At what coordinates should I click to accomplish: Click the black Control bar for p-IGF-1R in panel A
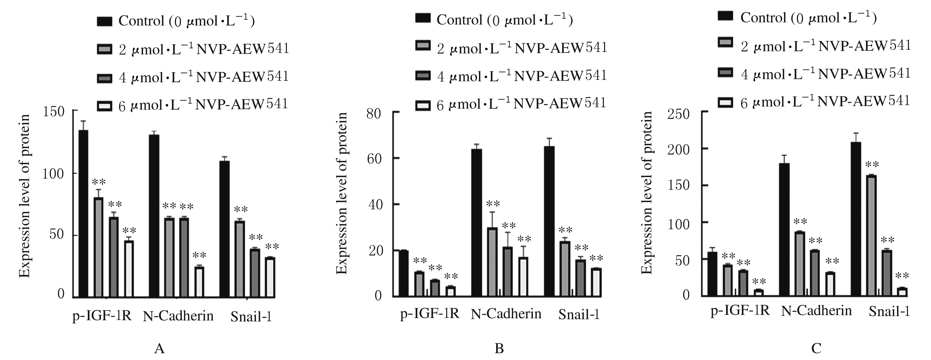coord(83,213)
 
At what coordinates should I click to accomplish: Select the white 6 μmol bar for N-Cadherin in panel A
coord(199,282)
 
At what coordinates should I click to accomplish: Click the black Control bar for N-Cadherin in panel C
coord(784,229)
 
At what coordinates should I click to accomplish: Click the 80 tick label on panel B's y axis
coord(373,114)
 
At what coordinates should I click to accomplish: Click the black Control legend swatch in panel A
coord(105,21)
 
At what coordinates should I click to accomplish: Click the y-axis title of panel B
coord(341,193)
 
